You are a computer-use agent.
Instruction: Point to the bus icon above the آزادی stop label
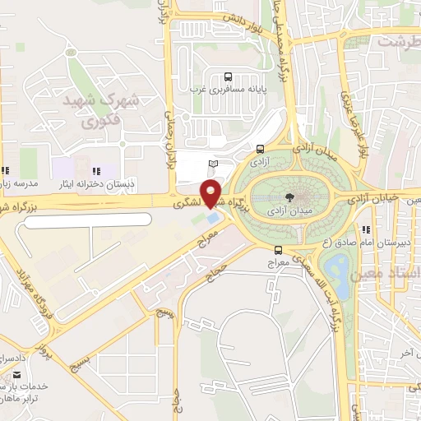pyautogui.click(x=260, y=150)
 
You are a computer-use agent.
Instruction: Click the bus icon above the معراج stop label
pyautogui.click(x=278, y=249)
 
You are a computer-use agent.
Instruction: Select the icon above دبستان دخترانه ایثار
pyautogui.click(x=96, y=171)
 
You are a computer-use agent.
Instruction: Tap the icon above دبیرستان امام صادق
pyautogui.click(x=366, y=229)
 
